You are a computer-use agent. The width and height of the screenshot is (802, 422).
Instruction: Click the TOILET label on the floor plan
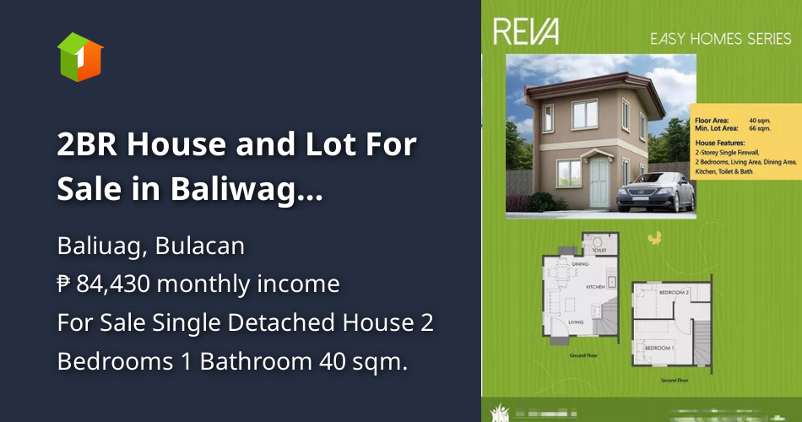coord(600,251)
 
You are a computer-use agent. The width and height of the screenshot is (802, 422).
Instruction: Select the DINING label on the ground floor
coord(580,265)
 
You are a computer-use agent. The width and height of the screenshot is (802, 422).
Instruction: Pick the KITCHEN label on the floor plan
coord(597,287)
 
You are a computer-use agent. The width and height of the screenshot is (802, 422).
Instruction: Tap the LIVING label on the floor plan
coord(576,322)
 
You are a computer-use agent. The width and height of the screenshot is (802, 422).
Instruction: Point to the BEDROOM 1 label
coord(658,348)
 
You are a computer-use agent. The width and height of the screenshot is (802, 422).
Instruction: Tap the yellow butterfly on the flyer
coord(652,240)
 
